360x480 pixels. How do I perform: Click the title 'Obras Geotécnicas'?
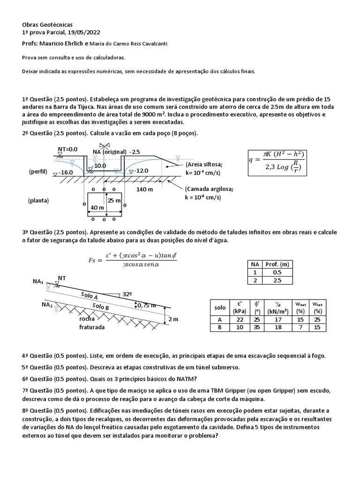click(47, 24)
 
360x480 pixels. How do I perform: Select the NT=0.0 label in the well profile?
click(67, 149)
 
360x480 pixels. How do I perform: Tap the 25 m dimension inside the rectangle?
click(115, 201)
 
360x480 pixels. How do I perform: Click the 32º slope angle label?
click(127, 295)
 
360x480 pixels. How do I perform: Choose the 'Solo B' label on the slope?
click(101, 307)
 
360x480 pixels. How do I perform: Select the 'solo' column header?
click(220, 307)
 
